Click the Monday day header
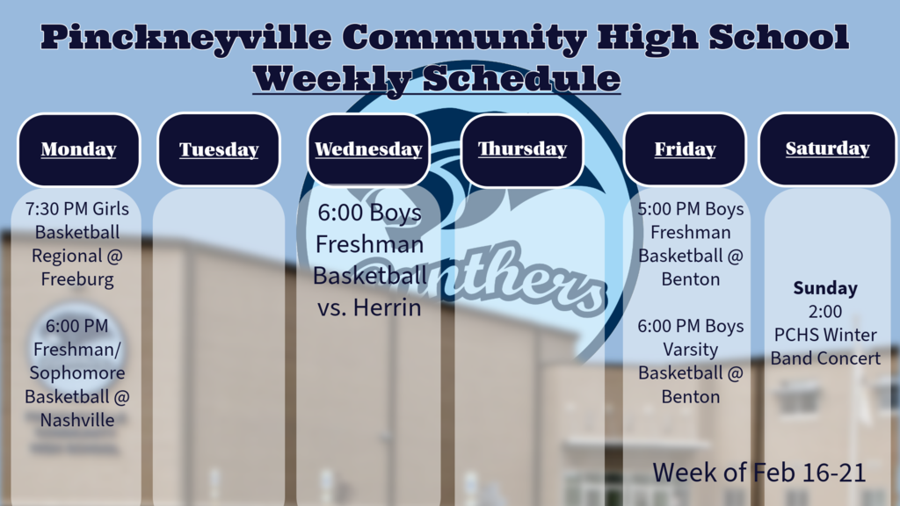[x=78, y=149]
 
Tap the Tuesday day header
[x=219, y=149]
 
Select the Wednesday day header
[x=368, y=149]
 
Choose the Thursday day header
[x=522, y=149]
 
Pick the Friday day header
[x=685, y=149]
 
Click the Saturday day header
[x=827, y=149]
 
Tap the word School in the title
[x=779, y=37]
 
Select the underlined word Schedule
[x=522, y=78]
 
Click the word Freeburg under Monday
[x=77, y=280]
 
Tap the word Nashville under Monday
[x=77, y=420]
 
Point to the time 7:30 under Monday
[x=42, y=209]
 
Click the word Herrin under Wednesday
[x=388, y=308]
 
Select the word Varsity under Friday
[x=691, y=350]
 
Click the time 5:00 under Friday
[x=654, y=209]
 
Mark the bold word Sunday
[x=825, y=288]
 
